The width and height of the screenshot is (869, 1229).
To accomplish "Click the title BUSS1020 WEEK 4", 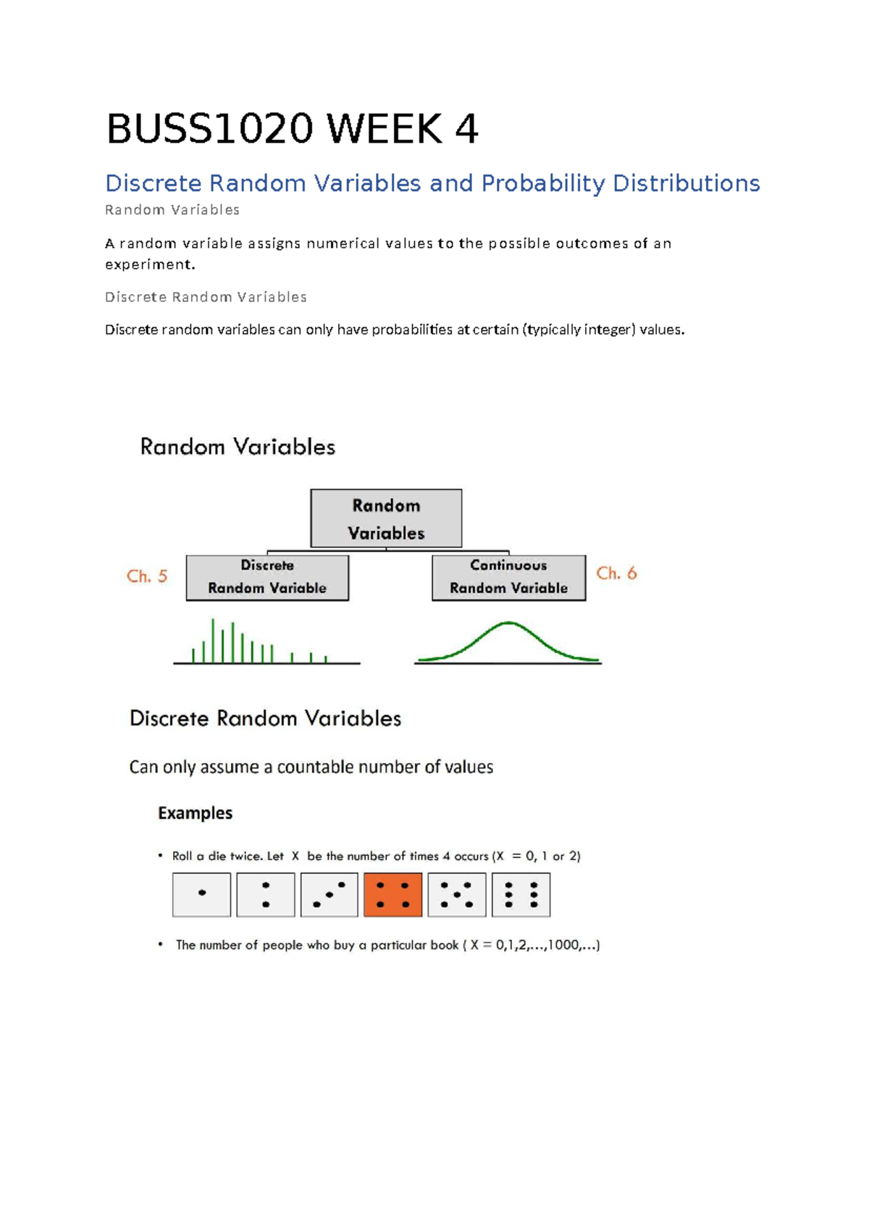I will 292,130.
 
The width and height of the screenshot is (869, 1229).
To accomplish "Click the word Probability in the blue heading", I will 542,183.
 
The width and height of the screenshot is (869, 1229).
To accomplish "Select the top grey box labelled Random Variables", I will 386,519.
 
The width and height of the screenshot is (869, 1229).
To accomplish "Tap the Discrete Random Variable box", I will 267,578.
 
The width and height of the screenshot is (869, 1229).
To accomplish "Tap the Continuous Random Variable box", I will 508,578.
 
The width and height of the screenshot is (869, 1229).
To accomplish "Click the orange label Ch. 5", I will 147,577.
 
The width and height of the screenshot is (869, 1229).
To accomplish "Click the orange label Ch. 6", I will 616,574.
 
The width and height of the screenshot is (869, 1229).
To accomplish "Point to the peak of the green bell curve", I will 509,623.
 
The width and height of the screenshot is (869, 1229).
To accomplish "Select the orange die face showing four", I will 392,895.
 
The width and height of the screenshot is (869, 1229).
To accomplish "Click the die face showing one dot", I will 201,895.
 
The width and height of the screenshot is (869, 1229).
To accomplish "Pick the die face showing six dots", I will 521,895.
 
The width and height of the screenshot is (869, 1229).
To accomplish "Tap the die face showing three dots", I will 329,895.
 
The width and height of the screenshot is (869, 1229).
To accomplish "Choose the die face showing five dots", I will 456,895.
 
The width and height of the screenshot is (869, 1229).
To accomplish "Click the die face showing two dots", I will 266,895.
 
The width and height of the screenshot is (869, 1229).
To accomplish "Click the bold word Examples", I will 195,813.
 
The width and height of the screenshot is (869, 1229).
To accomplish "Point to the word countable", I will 313,767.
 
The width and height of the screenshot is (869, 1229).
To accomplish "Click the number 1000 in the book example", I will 563,945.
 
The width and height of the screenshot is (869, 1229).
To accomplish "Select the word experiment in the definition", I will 148,264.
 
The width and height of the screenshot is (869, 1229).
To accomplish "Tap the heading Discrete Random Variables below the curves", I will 265,718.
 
